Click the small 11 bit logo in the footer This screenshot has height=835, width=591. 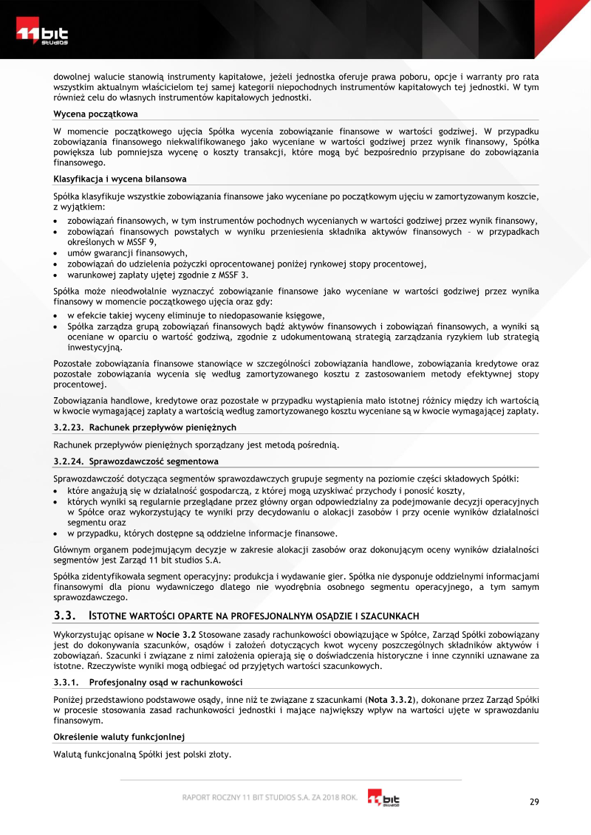(383, 799)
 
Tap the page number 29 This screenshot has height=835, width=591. (534, 803)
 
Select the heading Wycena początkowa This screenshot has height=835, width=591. (95, 114)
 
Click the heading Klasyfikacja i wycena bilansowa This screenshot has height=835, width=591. (120, 179)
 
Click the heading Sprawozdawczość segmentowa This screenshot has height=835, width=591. (154, 461)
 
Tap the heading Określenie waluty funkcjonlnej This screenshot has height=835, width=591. (118, 737)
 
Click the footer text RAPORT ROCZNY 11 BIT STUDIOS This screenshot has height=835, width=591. (270, 797)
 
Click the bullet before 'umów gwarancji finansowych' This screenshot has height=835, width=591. (57, 253)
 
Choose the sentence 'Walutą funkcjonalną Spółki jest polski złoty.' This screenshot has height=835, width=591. (143, 755)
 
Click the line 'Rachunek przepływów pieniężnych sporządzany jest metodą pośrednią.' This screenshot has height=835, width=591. (197, 445)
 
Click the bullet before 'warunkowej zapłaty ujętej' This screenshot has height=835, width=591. (57, 275)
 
